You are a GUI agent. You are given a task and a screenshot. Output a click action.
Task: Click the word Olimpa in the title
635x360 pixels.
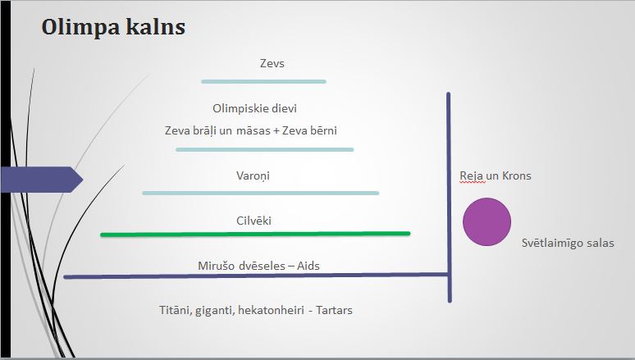[80, 29]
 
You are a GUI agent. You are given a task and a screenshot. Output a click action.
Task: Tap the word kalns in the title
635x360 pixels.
[155, 27]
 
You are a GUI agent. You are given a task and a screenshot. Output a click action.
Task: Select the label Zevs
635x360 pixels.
[272, 63]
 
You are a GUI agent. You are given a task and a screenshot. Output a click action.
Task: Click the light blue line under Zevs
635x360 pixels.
[263, 82]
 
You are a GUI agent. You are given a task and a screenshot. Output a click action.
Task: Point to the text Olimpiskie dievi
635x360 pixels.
[254, 108]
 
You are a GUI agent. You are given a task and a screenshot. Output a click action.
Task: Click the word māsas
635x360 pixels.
[254, 130]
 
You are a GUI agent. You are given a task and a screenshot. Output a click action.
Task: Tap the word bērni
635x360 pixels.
[323, 130]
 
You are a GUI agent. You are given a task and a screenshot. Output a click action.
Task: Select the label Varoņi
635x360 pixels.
[254, 175]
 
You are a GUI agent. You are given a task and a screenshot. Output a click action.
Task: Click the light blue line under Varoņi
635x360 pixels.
[261, 194]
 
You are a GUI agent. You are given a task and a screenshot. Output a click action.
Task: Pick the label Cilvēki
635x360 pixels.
[254, 221]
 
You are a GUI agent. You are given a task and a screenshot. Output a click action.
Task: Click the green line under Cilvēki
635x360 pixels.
[255, 234]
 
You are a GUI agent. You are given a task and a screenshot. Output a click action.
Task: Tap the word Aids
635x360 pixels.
[308, 266]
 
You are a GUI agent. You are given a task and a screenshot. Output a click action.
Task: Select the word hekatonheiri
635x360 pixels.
[271, 310]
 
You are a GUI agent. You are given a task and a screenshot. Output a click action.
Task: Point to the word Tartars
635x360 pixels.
[334, 310]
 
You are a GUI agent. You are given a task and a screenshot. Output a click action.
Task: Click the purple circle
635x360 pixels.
[487, 222]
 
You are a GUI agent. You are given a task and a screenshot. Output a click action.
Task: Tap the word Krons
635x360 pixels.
[516, 175]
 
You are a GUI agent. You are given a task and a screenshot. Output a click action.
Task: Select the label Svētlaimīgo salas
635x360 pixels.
[568, 243]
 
